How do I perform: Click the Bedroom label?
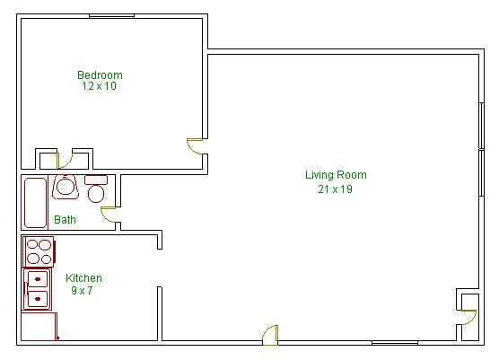[x=100, y=75]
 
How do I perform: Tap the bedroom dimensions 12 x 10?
[x=99, y=86]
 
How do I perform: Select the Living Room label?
[x=336, y=175]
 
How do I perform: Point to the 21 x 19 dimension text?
[x=335, y=189]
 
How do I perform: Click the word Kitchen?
[x=83, y=278]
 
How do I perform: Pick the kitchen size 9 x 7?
[x=82, y=290]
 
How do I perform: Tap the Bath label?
[x=65, y=219]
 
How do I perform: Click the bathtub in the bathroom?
[x=35, y=202]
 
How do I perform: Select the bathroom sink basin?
[x=66, y=187]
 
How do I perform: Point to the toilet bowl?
[x=96, y=194]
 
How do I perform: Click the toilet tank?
[x=96, y=180]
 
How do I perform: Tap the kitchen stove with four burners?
[x=39, y=251]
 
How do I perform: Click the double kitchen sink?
[x=37, y=289]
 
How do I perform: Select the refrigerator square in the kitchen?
[x=39, y=327]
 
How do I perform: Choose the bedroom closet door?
[x=65, y=161]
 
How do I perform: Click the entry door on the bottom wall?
[x=270, y=335]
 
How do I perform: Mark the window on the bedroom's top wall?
[x=111, y=16]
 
